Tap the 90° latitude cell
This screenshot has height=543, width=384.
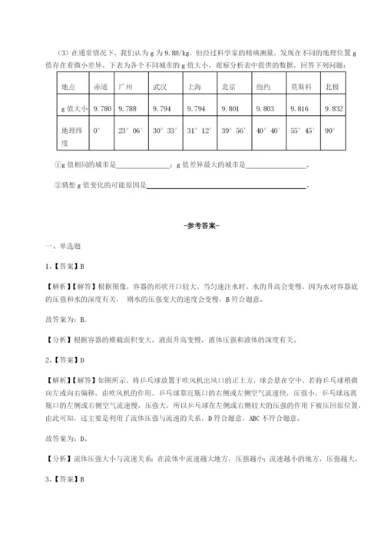coord(331,131)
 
